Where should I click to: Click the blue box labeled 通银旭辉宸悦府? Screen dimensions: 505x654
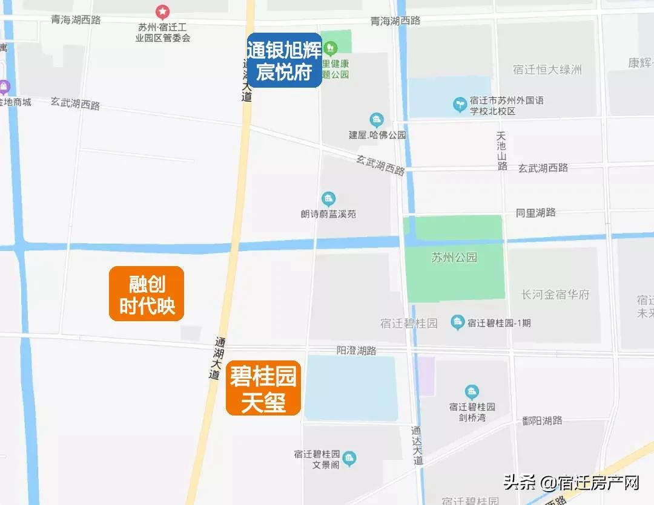284,60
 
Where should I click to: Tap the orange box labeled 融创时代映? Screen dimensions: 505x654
146,294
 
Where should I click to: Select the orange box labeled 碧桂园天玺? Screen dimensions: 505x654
263,388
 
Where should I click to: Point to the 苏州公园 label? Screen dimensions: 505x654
454,258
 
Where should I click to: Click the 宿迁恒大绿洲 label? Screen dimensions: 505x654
547,70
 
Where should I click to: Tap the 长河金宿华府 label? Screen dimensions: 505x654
555,295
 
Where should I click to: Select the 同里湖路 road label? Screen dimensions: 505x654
535,212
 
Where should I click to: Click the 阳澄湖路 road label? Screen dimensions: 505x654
356,350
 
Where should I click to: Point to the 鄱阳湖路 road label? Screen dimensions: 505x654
542,420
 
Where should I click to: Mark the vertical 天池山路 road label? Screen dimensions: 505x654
501,151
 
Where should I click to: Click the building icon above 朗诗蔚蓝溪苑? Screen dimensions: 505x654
328,198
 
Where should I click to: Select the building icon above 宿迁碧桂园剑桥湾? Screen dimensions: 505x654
472,392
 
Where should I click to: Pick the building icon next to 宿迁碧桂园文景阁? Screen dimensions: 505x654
349,459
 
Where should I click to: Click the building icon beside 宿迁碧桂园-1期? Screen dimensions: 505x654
458,322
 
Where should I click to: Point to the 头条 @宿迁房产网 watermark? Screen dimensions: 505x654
572,483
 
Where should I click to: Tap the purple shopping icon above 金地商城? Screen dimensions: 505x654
5,88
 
